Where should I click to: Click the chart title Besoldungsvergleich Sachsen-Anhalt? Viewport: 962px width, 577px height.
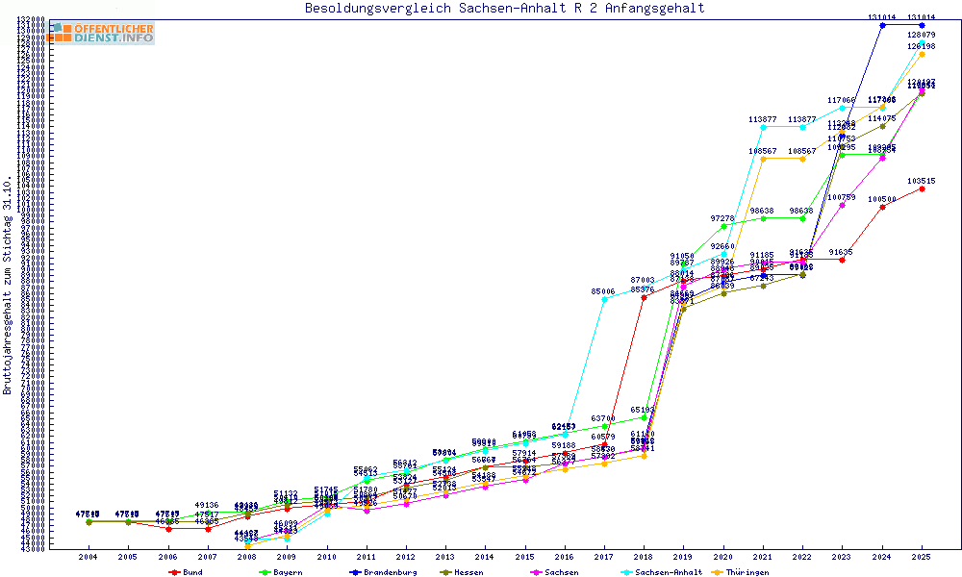[x=504, y=9]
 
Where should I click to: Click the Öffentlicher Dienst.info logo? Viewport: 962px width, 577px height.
[x=102, y=33]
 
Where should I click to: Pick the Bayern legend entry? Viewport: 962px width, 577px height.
[x=278, y=572]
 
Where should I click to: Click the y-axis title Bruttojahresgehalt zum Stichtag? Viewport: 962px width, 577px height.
[x=9, y=286]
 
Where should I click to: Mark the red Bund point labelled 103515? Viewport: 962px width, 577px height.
[x=923, y=188]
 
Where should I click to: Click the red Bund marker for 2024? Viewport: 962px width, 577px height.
[x=882, y=207]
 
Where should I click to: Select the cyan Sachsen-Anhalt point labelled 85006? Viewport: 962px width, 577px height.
[x=604, y=299]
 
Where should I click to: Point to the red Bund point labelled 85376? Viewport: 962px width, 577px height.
[x=644, y=297]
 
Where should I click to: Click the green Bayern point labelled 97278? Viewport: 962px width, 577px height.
[x=723, y=226]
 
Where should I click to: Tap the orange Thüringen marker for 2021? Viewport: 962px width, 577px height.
[x=764, y=159]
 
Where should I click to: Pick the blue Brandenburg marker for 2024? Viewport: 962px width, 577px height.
[x=882, y=25]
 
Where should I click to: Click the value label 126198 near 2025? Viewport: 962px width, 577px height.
[x=922, y=45]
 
